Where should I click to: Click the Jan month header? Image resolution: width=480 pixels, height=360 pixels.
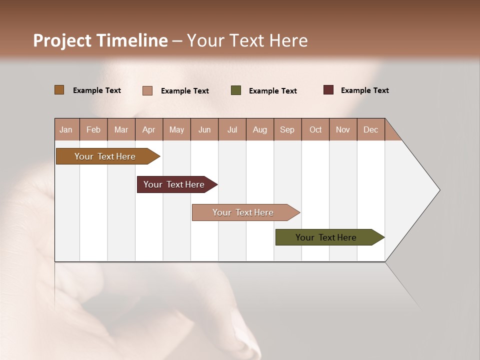66,129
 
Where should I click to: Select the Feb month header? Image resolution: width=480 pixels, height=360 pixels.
93,129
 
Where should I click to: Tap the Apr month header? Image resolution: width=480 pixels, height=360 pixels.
149,129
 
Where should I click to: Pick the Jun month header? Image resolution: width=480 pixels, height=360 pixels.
204,129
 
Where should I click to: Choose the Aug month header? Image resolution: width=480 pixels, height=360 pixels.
260,129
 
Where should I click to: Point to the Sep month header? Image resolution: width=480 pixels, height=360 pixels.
287,129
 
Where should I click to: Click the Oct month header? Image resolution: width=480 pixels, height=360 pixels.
315,129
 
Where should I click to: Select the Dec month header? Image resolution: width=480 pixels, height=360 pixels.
371,129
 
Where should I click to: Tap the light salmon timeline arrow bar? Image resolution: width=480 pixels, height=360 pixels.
243,212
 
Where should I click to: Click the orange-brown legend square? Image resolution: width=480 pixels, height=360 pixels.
59,90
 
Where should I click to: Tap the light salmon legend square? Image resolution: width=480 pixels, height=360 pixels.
147,90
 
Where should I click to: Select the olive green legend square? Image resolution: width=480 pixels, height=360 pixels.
236,90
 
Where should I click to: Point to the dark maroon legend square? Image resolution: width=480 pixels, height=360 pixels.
328,90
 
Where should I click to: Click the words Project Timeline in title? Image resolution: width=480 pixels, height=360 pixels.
100,40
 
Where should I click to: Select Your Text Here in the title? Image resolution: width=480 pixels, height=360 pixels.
247,40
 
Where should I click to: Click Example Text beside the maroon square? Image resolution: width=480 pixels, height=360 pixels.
364,90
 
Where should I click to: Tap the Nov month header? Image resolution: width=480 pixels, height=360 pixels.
343,129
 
